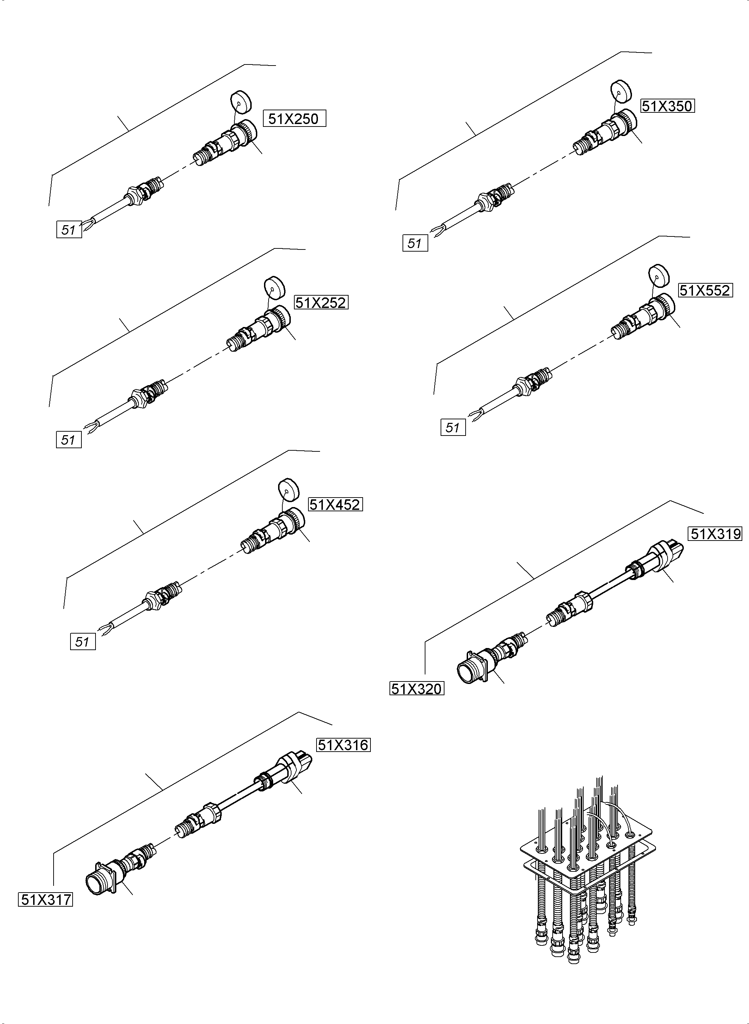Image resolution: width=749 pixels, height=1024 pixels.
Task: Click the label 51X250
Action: (294, 119)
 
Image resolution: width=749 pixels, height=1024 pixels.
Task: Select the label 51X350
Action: (667, 106)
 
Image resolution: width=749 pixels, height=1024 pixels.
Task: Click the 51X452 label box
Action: (335, 505)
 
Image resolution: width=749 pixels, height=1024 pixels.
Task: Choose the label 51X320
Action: (417, 689)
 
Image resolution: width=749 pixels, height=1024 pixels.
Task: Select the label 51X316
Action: (343, 745)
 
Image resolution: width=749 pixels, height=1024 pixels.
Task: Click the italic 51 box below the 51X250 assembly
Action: (69, 230)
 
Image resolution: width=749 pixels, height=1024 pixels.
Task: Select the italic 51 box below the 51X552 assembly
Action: (453, 427)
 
